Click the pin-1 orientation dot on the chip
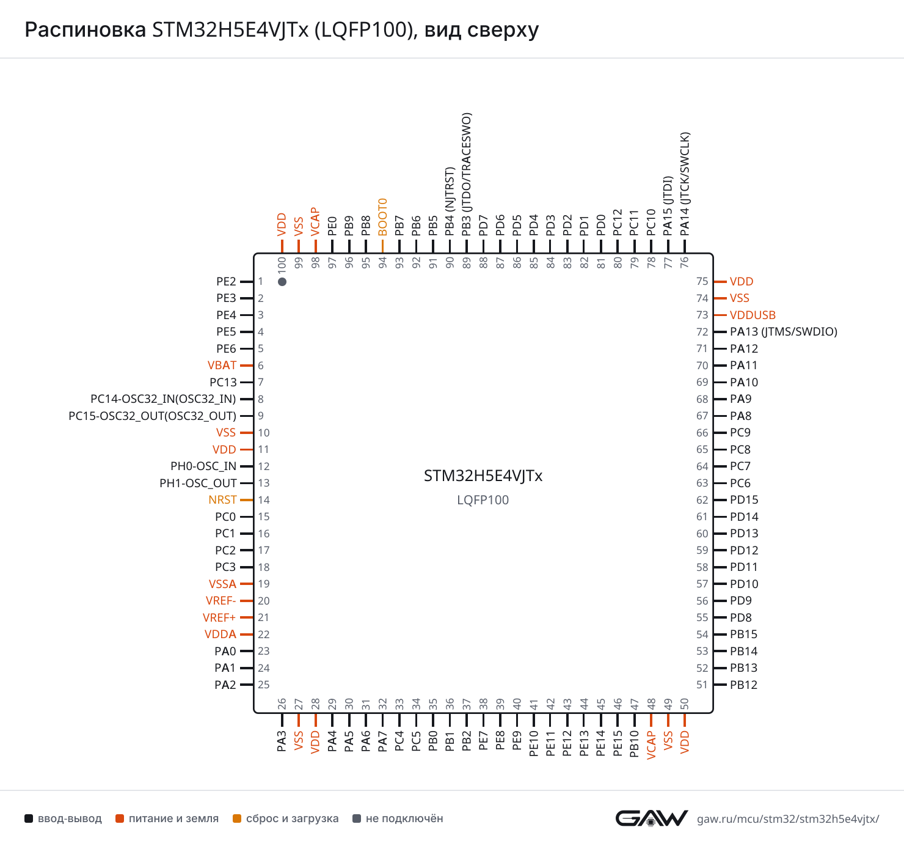tap(282, 282)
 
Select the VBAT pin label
tap(222, 366)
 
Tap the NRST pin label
tap(222, 500)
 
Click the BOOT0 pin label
tap(382, 217)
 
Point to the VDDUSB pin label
tap(753, 315)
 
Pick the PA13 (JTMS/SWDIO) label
tap(784, 332)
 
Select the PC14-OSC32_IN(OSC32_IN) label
tap(163, 399)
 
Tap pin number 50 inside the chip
tap(684, 704)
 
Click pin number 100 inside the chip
tap(282, 263)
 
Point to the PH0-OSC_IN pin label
tap(203, 466)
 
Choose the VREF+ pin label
tap(219, 617)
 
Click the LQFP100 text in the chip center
tap(483, 500)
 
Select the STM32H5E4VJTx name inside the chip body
tap(483, 476)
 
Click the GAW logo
tap(651, 818)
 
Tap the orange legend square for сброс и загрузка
tap(237, 818)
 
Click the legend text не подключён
tap(404, 818)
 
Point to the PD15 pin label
tap(744, 500)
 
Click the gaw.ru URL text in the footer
tap(788, 818)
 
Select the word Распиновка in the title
tap(85, 30)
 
